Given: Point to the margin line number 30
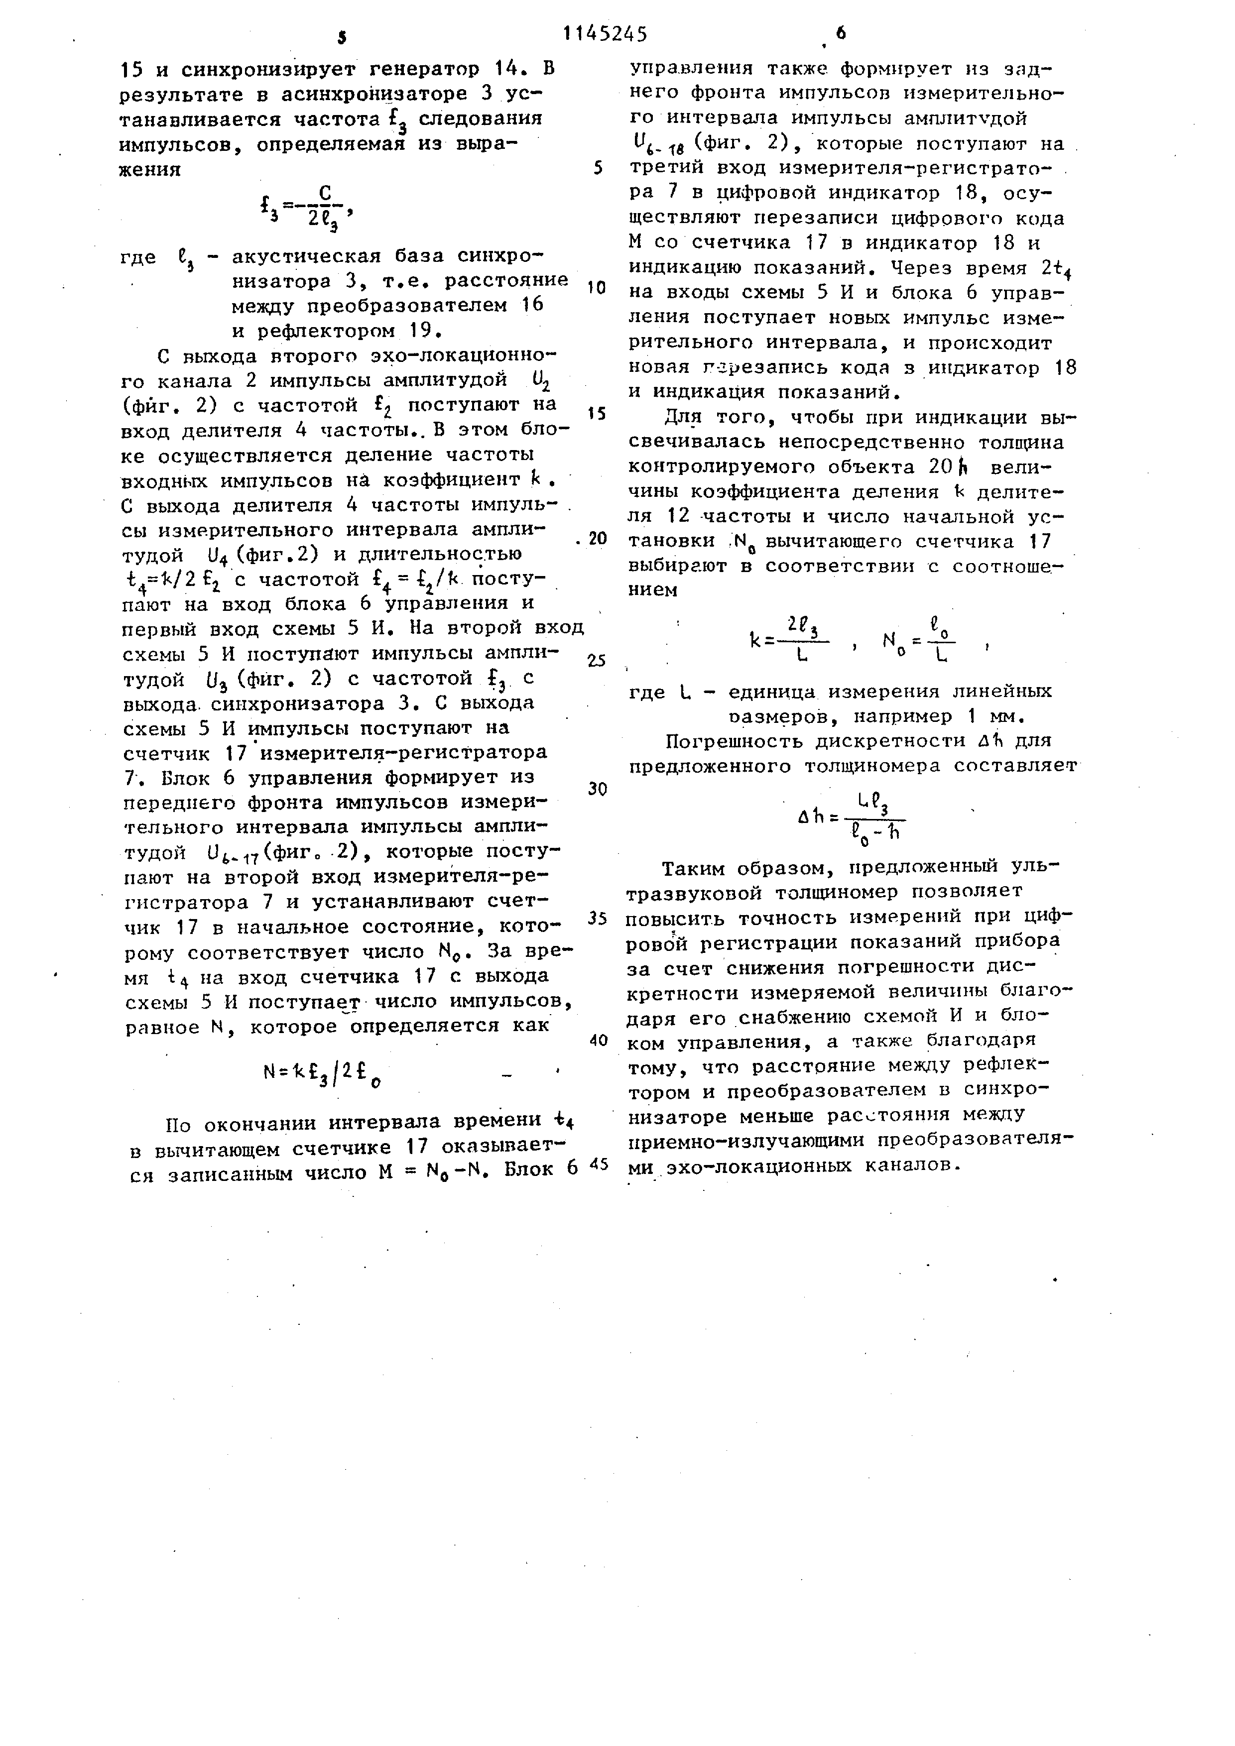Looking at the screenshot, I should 598,789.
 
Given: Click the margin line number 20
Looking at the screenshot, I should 597,538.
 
